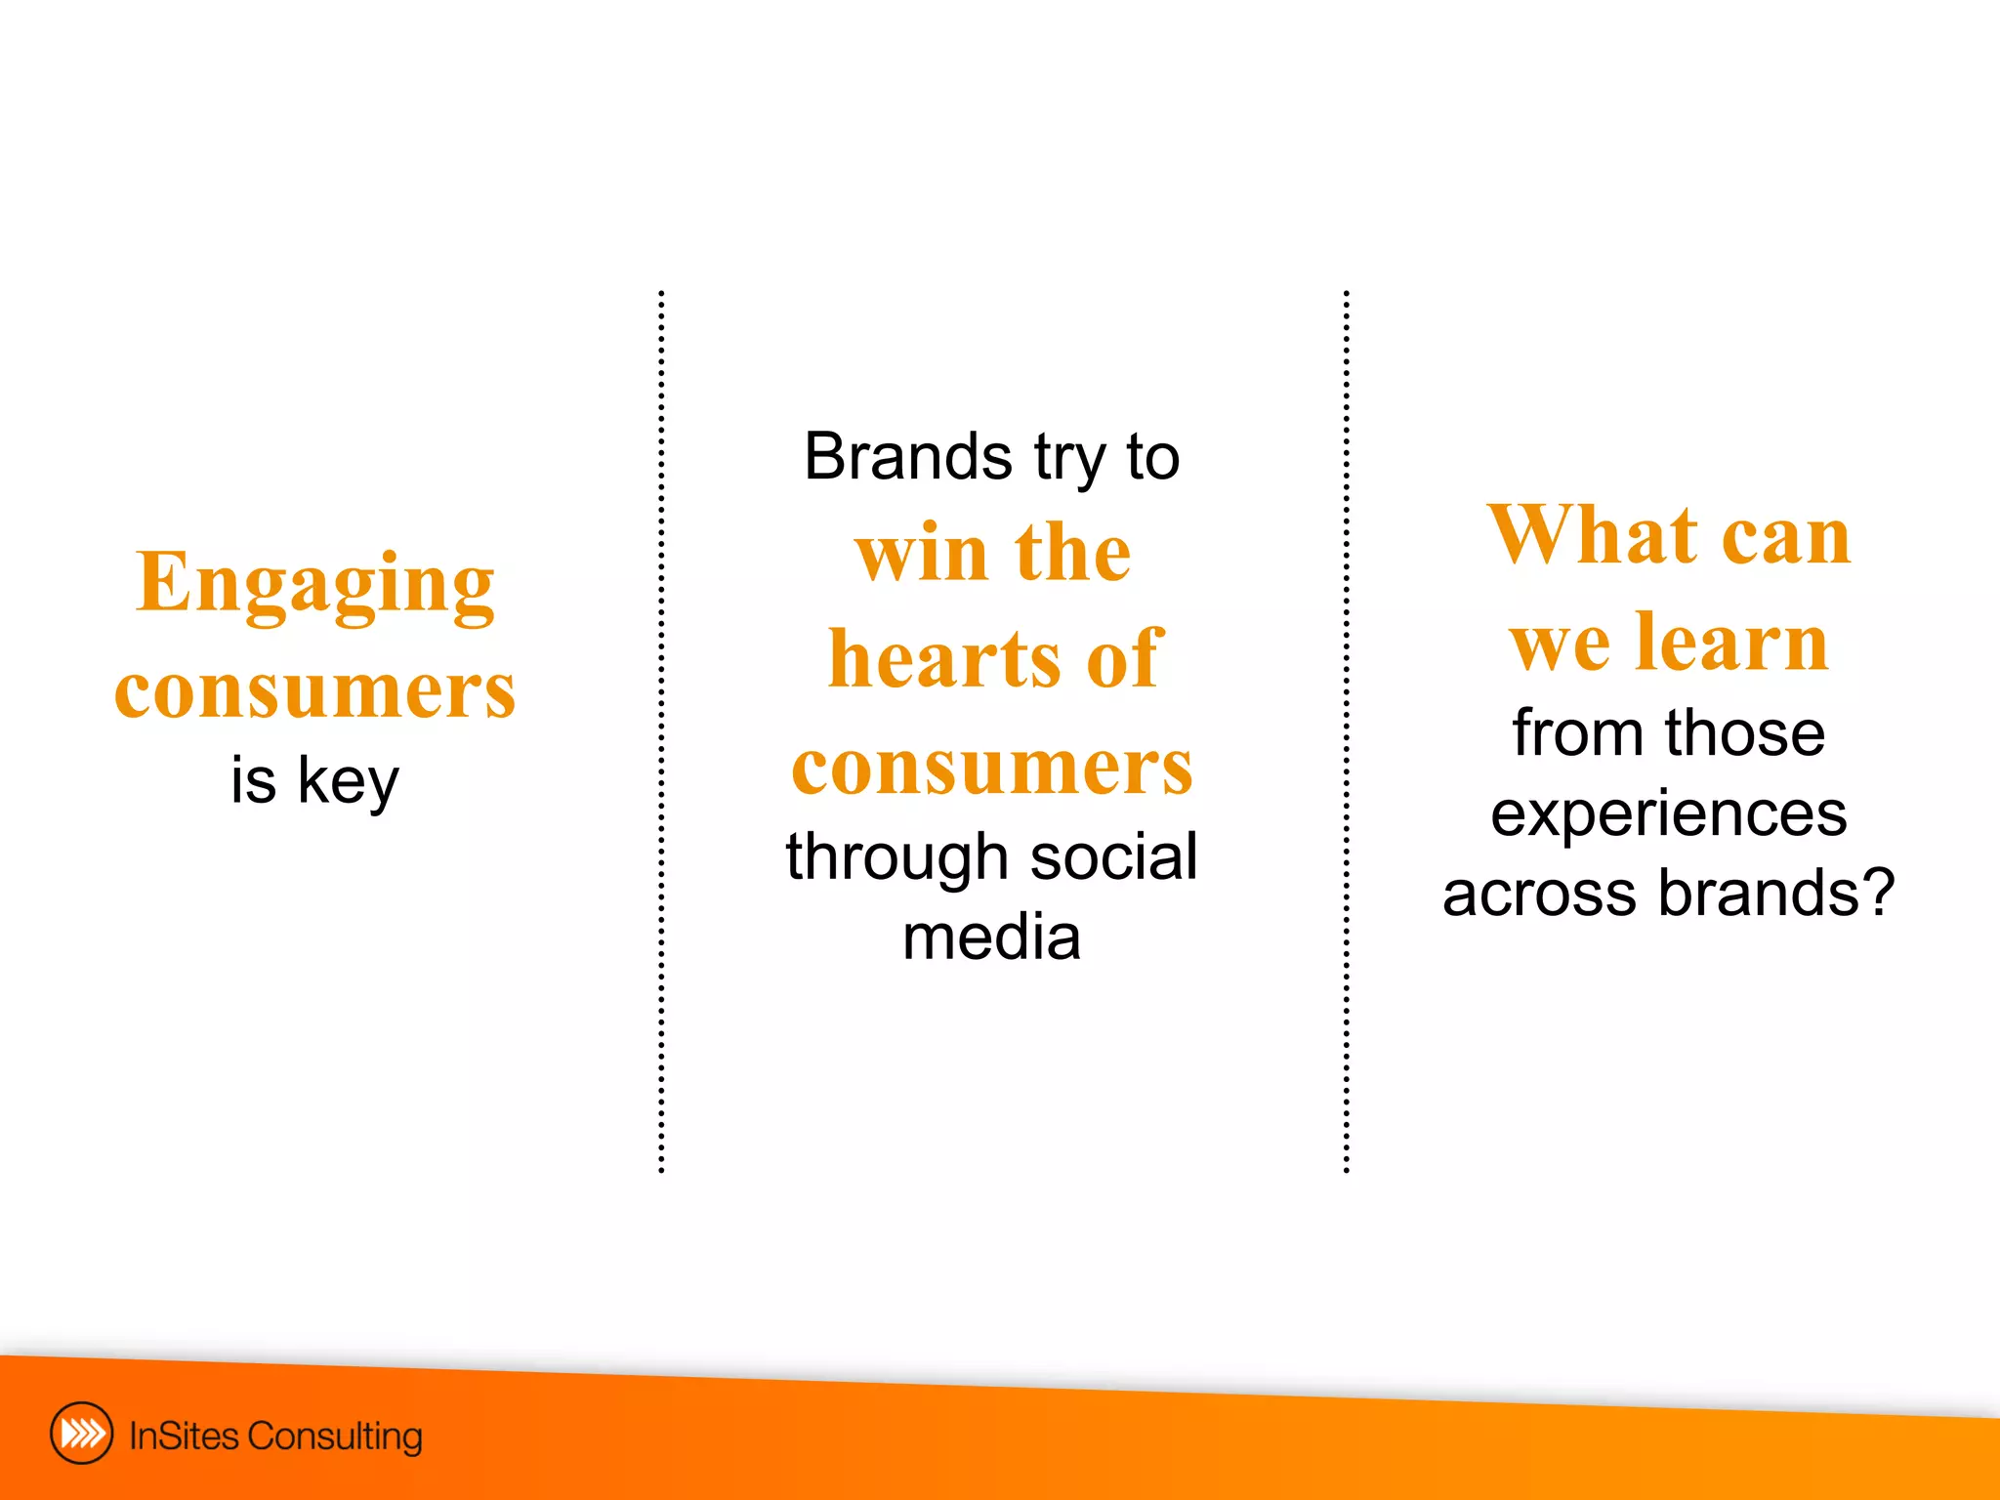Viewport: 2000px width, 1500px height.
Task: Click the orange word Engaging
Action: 314,584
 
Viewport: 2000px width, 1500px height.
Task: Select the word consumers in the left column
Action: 314,690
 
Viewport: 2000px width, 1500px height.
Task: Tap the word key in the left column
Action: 348,781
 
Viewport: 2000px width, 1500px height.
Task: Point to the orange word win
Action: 922,553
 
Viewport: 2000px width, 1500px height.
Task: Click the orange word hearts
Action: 945,659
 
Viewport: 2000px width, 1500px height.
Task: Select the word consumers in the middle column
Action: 992,767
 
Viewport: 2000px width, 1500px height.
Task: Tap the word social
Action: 1113,856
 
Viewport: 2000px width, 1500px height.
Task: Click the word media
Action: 991,937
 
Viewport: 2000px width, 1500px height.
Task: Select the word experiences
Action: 1668,813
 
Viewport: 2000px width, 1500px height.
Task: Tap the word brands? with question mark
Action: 1776,893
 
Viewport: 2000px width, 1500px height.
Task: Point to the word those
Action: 1745,732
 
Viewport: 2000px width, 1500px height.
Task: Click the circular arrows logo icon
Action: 81,1434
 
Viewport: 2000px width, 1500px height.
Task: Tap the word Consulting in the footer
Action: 335,1437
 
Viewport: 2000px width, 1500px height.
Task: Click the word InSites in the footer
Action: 185,1437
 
